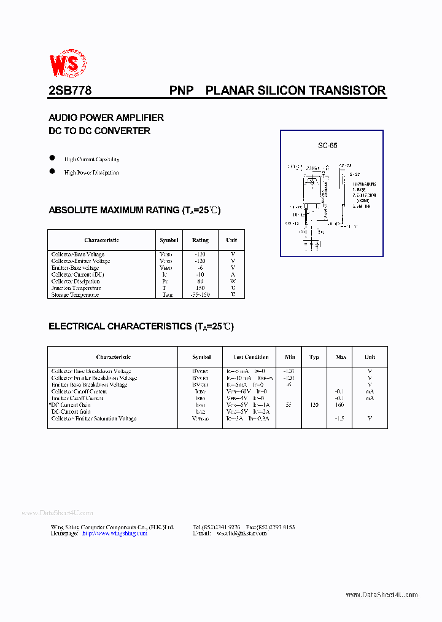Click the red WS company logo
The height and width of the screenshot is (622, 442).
(68, 63)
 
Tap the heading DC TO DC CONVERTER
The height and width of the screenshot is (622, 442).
(99, 131)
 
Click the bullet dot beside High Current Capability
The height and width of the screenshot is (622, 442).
(52, 158)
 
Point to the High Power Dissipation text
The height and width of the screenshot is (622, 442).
(91, 173)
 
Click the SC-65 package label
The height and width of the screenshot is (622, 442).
(327, 146)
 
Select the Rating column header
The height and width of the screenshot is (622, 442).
(200, 240)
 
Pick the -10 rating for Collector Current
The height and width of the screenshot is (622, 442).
(200, 275)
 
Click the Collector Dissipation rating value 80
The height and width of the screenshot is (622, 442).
(200, 281)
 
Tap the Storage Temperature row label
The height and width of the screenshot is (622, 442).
(75, 295)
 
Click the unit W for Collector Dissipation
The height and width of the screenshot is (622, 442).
(233, 281)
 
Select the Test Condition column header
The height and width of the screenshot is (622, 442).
(251, 357)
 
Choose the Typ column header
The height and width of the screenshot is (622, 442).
(314, 357)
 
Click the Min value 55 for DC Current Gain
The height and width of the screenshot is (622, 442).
(289, 405)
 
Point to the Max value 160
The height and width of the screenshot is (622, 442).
(339, 405)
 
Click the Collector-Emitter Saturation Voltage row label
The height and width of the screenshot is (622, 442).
(93, 419)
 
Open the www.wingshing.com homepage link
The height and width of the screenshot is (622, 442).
(114, 533)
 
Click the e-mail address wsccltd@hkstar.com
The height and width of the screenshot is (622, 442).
(241, 533)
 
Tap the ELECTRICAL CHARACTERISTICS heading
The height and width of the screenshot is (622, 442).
(141, 326)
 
